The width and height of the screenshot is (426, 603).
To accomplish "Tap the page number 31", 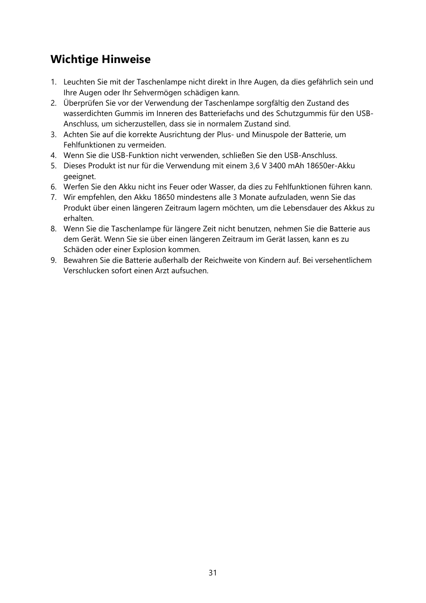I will point(213,573).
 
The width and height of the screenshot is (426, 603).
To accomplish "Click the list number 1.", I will point(53,82).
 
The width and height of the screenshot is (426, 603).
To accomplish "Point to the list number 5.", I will point(53,166).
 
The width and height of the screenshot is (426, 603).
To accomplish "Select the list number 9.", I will point(53,260).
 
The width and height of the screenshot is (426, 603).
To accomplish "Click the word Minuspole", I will point(269,135).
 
